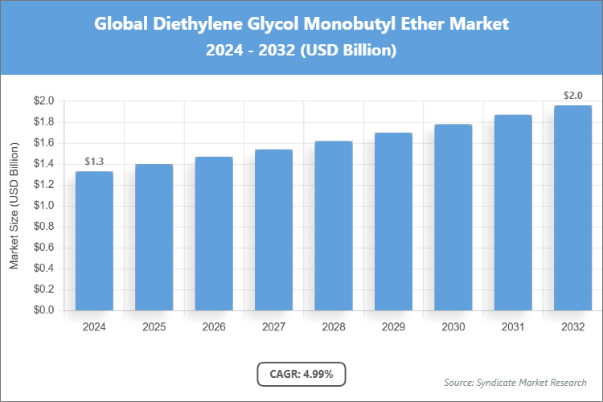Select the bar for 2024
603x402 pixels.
tap(94, 241)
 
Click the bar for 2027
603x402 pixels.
tap(273, 230)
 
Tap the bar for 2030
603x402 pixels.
tap(453, 217)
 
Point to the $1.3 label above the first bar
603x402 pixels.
tap(94, 162)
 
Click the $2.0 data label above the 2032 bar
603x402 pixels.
tap(572, 96)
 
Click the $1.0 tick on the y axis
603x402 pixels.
tap(43, 206)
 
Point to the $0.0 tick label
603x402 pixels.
tap(43, 310)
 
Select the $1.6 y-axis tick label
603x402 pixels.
tap(43, 143)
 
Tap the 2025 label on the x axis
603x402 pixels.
tap(154, 327)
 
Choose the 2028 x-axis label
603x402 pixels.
tap(333, 327)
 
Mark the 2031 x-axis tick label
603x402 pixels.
tap(513, 327)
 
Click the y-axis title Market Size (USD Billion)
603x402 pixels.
tap(14, 206)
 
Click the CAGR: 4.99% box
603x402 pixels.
tap(301, 374)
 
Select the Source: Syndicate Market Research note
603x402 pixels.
tap(515, 382)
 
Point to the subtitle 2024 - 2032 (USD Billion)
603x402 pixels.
tap(301, 50)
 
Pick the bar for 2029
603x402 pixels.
tap(393, 221)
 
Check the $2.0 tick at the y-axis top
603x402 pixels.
tap(43, 101)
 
